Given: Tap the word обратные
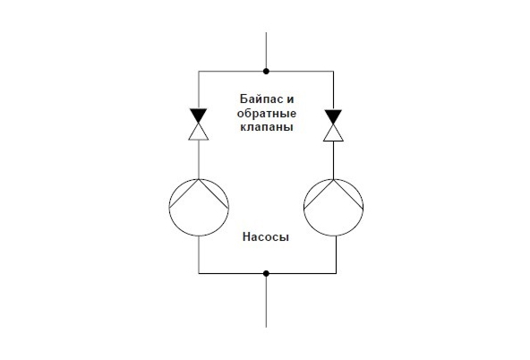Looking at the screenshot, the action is point(267,114).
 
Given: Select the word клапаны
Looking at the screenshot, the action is point(267,127).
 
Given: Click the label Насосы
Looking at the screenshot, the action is point(266,237).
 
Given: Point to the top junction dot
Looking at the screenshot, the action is point(266,72).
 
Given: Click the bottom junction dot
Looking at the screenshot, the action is point(266,273).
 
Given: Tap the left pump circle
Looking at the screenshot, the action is point(169,207).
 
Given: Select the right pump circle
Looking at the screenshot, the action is point(303,207).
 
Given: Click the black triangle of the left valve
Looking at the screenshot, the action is point(199,115).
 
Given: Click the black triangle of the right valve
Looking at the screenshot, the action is point(333,116).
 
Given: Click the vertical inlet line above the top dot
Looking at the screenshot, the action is point(266,50).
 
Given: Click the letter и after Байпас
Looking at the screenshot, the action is point(290,99).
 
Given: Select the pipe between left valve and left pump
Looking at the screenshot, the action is point(199,159).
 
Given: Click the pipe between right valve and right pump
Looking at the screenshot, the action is point(333,160).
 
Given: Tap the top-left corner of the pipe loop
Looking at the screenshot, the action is point(199,72).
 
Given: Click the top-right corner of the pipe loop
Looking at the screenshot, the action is point(333,72).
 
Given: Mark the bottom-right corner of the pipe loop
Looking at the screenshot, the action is point(336,273).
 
